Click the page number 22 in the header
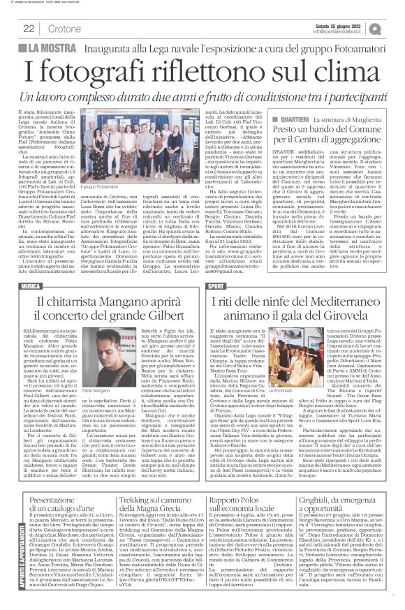[29, 27]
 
